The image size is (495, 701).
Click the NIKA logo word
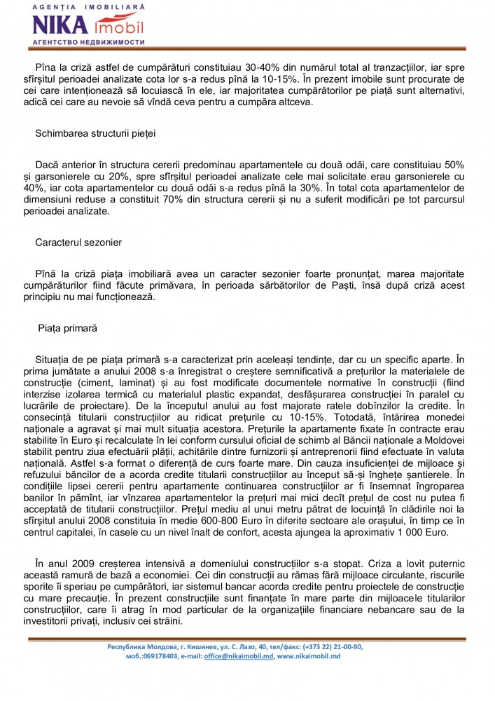pos(60,25)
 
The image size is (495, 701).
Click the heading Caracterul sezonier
pos(78,243)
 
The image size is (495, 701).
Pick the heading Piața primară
pos(68,327)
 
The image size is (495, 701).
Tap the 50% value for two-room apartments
pos(452,163)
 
